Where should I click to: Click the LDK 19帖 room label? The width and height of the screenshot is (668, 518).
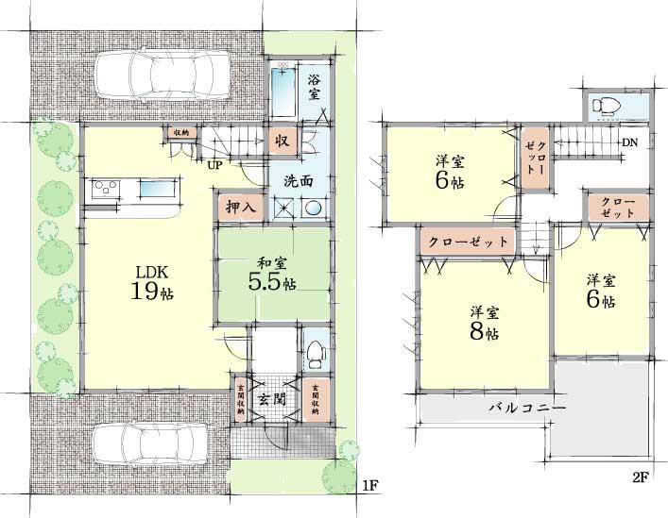[151, 281]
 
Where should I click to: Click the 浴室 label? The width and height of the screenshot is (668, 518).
[315, 88]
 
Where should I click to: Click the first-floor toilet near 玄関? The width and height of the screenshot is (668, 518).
[315, 352]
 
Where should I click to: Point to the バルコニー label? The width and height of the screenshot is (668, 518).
[527, 409]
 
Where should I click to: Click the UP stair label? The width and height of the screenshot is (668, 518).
[216, 164]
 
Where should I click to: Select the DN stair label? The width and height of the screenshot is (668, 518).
[628, 143]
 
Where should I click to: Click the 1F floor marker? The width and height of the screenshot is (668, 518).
[371, 485]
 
